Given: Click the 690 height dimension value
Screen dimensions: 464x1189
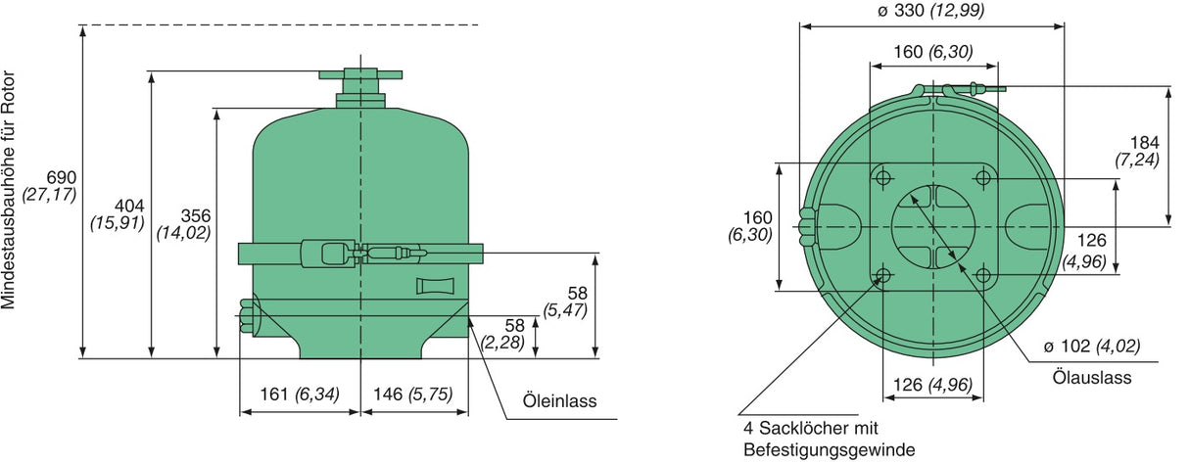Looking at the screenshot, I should coord(62,177).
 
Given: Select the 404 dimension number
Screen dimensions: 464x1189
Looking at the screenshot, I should coord(130,206).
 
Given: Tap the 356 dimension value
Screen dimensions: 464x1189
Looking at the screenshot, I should coord(196,215).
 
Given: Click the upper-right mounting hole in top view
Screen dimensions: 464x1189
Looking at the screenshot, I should coord(982,177).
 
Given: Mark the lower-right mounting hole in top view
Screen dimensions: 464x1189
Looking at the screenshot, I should coord(982,275).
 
